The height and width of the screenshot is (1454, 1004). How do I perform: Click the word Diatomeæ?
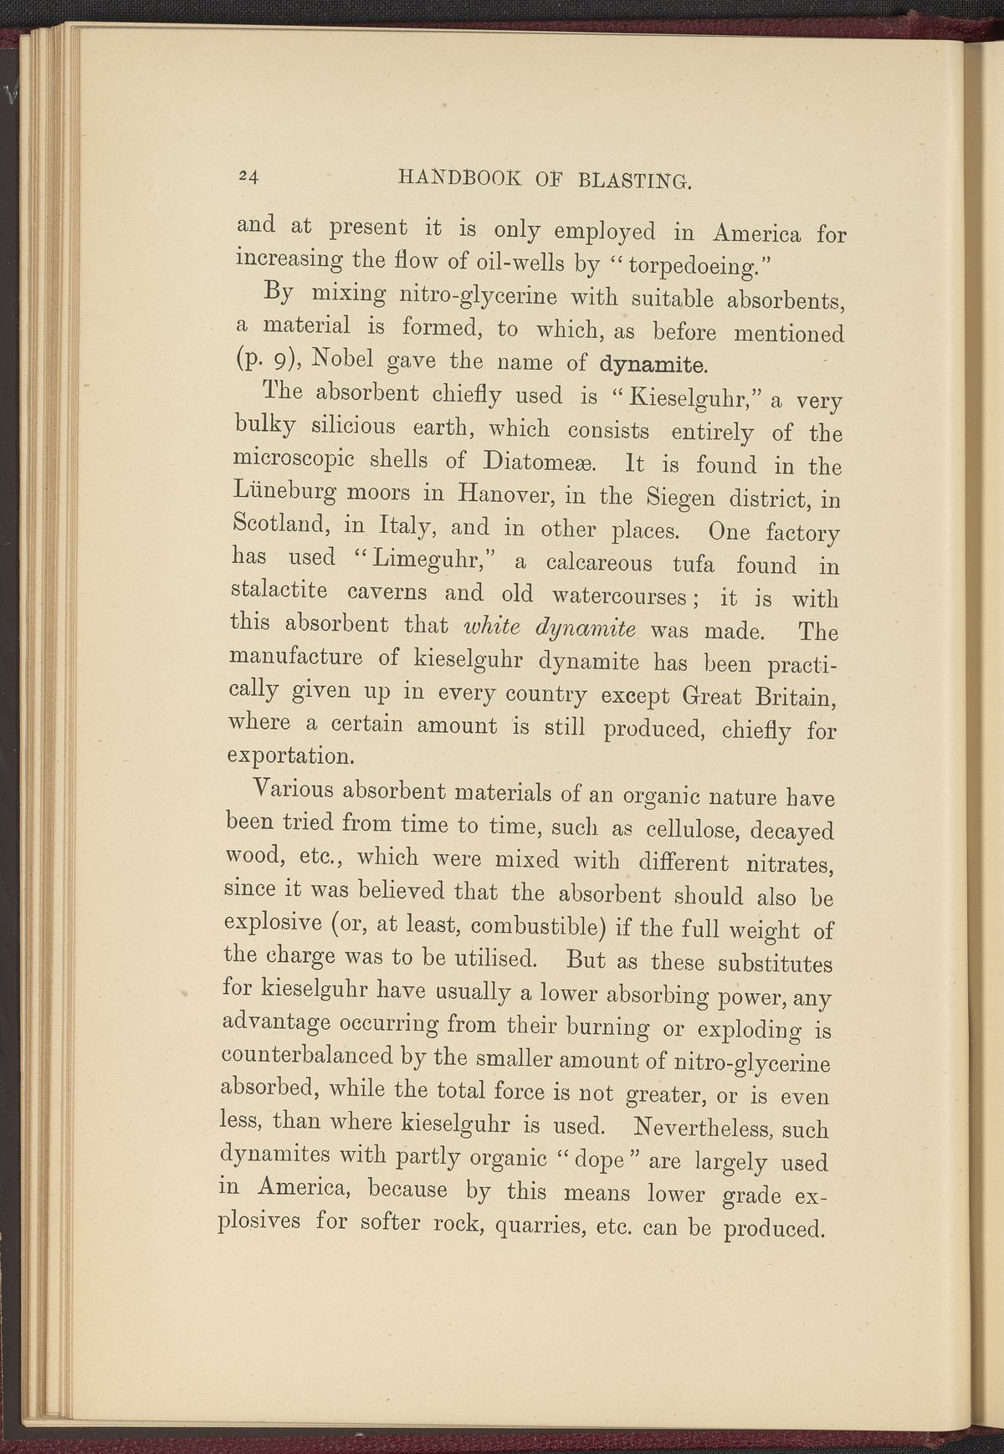pos(535,461)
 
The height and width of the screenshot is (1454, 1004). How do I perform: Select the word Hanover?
pos(502,495)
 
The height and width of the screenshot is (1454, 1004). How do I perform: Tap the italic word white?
pos(491,625)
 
